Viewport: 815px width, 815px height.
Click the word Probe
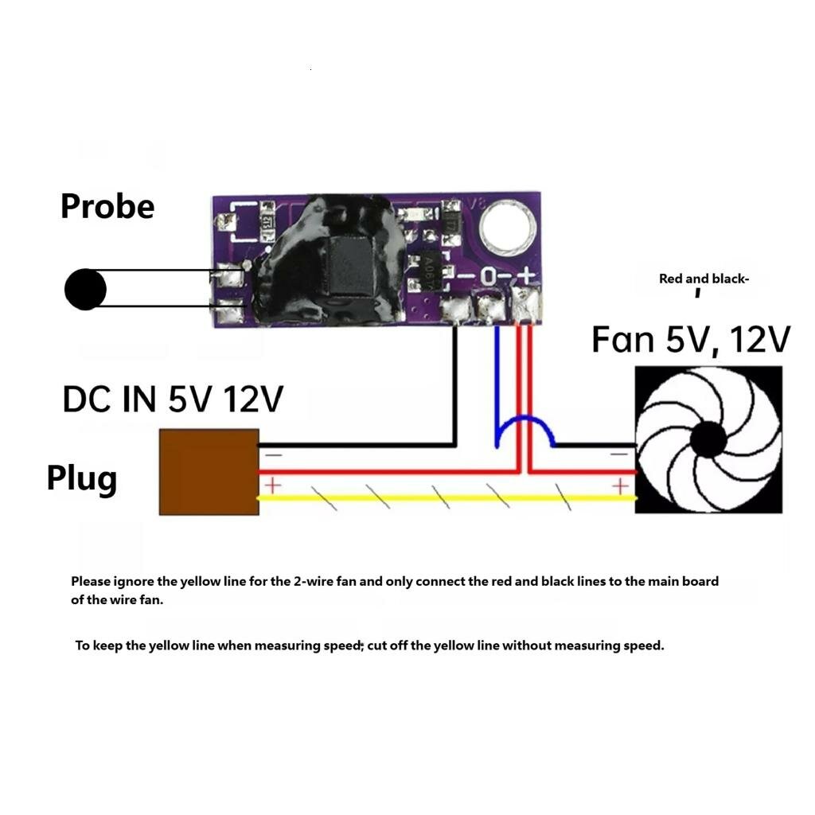pyautogui.click(x=107, y=206)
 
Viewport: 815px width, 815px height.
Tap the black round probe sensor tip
pyautogui.click(x=85, y=290)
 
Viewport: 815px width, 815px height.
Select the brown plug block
pyautogui.click(x=209, y=472)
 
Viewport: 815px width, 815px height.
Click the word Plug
pyautogui.click(x=82, y=478)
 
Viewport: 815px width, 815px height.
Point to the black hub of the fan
pyautogui.click(x=708, y=439)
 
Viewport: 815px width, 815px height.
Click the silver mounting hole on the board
pyautogui.click(x=508, y=227)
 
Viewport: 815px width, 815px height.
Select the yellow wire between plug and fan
pyautogui.click(x=447, y=498)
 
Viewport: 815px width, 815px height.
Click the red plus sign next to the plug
pyautogui.click(x=272, y=485)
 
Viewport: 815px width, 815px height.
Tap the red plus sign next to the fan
pyautogui.click(x=619, y=486)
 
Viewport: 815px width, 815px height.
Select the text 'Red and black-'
pyautogui.click(x=704, y=279)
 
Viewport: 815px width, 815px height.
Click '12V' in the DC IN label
pyautogui.click(x=253, y=400)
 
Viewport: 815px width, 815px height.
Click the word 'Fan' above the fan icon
pyautogui.click(x=622, y=340)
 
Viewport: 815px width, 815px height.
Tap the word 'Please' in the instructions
pyautogui.click(x=91, y=582)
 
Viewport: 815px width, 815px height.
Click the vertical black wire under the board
pyautogui.click(x=454, y=385)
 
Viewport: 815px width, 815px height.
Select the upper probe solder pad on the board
pyautogui.click(x=228, y=275)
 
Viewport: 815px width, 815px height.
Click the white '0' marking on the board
pyautogui.click(x=488, y=276)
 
